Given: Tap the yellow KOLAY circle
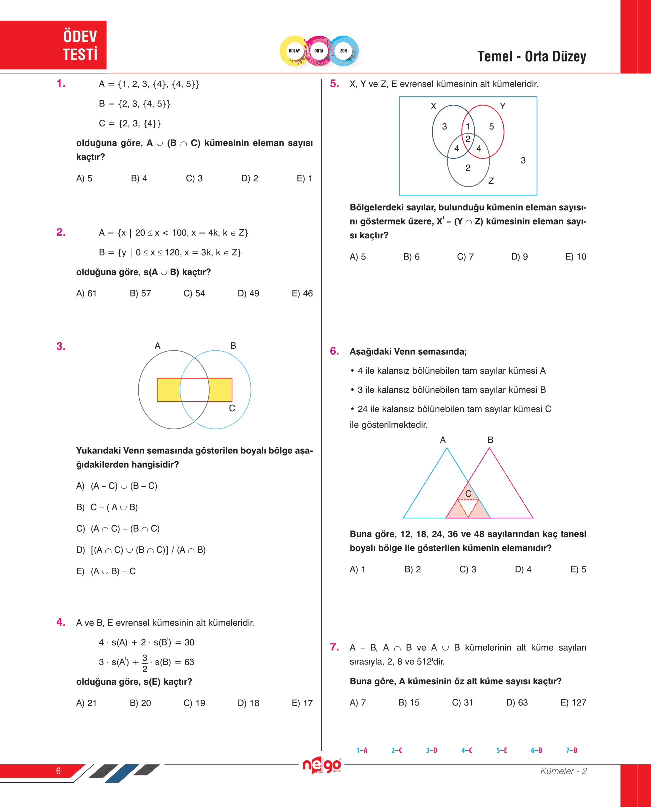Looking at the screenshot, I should [x=294, y=51].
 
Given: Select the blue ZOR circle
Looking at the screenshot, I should [x=344, y=51].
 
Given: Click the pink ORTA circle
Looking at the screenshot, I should [x=319, y=51].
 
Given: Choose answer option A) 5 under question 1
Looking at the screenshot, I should [x=84, y=178].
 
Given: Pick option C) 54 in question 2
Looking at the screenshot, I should [x=194, y=293].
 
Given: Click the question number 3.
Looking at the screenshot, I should [x=61, y=346].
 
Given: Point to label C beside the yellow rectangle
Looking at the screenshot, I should [x=232, y=408].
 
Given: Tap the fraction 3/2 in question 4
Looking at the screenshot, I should [x=145, y=663].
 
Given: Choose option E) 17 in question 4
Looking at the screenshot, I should [x=302, y=703].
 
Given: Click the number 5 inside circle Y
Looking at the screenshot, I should [x=491, y=127].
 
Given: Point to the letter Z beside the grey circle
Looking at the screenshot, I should [x=491, y=181].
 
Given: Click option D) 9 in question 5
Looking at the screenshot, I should [x=519, y=257].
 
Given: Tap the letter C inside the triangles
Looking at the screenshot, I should [x=468, y=494].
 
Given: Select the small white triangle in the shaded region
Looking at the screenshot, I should [x=468, y=506].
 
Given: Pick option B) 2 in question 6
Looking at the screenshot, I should [x=412, y=569].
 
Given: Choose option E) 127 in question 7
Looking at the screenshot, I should [x=573, y=702].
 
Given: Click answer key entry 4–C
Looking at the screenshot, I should [x=467, y=750].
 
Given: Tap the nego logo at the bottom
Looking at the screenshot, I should [x=322, y=765].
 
